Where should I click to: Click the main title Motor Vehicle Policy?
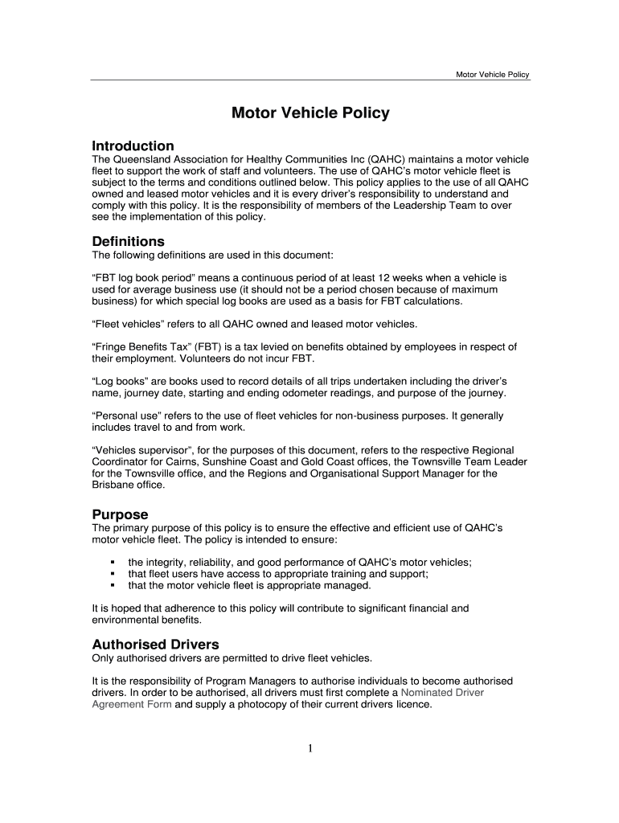coord(310,113)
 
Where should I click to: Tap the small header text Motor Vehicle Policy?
coord(492,75)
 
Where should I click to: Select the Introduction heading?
coord(133,146)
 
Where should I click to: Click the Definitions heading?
coord(129,241)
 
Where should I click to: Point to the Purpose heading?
coord(121,514)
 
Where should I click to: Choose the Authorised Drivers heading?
coord(155,645)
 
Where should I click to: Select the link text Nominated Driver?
coord(442,692)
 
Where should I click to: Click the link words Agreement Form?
coord(132,704)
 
